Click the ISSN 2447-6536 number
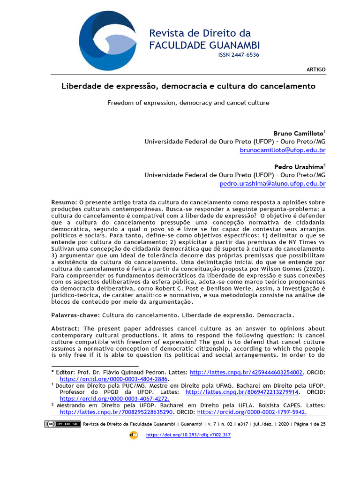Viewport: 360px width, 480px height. click(239, 55)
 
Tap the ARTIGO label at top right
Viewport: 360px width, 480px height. click(315, 69)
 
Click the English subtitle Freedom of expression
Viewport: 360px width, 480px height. click(188, 103)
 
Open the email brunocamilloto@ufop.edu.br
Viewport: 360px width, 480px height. click(282, 150)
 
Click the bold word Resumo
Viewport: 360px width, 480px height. click(62, 202)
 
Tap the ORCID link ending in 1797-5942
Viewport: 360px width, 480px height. click(252, 412)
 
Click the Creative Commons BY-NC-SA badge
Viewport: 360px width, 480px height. click(63, 424)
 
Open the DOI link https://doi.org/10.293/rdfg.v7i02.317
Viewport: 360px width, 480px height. click(188, 435)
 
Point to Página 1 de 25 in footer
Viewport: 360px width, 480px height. click(310, 424)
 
